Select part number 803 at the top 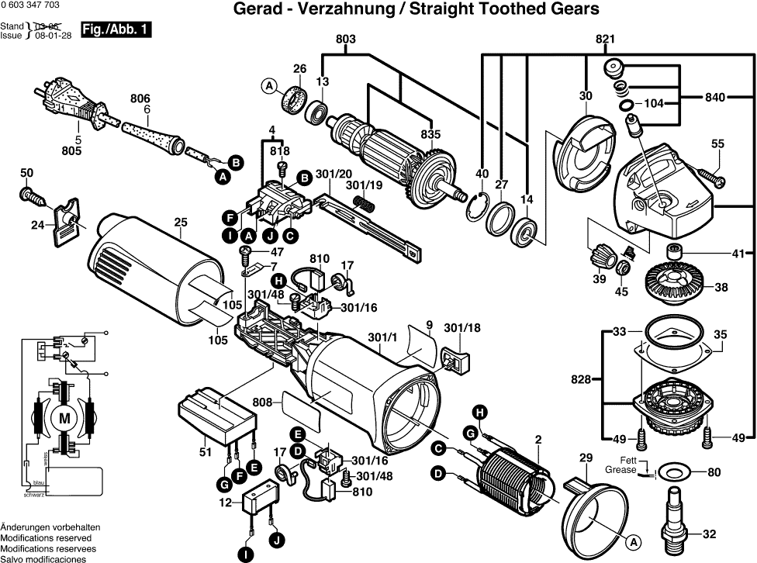pyautogui.click(x=346, y=40)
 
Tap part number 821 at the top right pyautogui.click(x=605, y=40)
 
